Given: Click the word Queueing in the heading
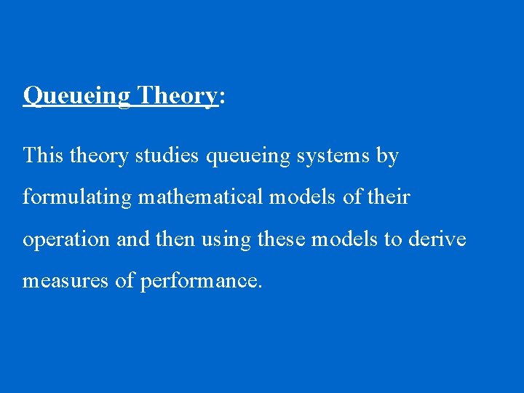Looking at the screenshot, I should (76, 96).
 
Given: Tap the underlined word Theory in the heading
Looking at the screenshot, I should (177, 95).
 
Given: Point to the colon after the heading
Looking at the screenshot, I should (221, 98).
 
